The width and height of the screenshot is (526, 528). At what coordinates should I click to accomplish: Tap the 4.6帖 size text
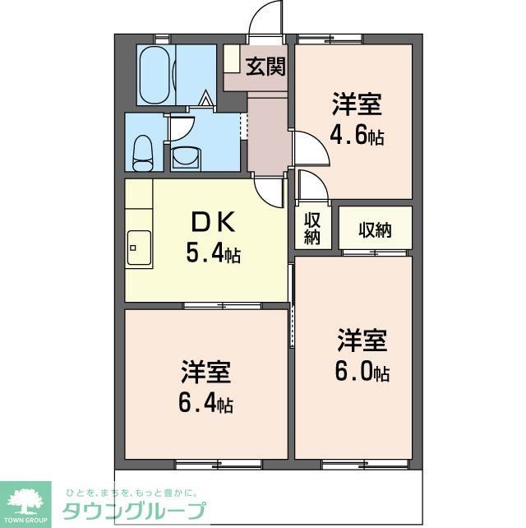358,136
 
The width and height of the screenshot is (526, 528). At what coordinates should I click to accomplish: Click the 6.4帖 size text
206,404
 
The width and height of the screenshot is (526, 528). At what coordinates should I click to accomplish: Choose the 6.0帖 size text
362,372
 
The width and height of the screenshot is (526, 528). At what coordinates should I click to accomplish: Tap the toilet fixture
144,149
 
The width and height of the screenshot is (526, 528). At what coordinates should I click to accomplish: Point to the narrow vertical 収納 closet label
311,229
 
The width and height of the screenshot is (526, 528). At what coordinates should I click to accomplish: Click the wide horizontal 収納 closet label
375,229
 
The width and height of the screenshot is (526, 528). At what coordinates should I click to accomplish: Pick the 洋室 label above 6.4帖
206,373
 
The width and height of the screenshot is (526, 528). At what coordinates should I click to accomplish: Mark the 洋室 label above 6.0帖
362,340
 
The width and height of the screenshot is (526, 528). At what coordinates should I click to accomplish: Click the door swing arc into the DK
270,192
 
